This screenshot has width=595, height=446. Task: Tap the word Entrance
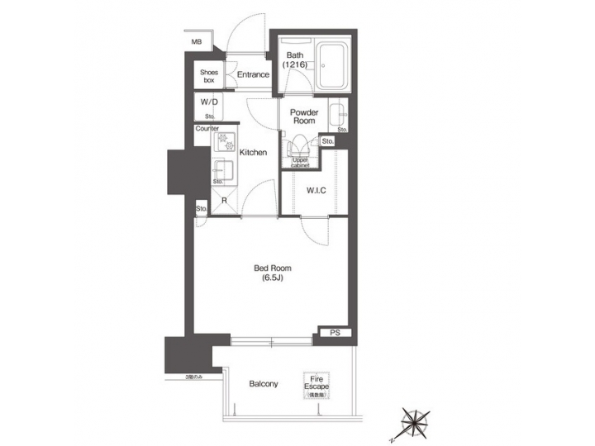coord(253,75)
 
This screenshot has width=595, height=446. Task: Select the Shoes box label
coord(208,75)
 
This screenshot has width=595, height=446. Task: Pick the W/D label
coord(208,103)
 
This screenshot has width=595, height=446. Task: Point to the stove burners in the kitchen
coord(225,143)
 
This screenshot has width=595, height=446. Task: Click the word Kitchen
coord(253,152)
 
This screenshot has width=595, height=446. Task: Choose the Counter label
coord(207,129)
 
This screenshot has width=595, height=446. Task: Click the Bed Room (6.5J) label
coord(272,273)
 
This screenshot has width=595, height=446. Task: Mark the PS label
coord(335,333)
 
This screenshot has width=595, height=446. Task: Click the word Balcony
coord(264,384)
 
